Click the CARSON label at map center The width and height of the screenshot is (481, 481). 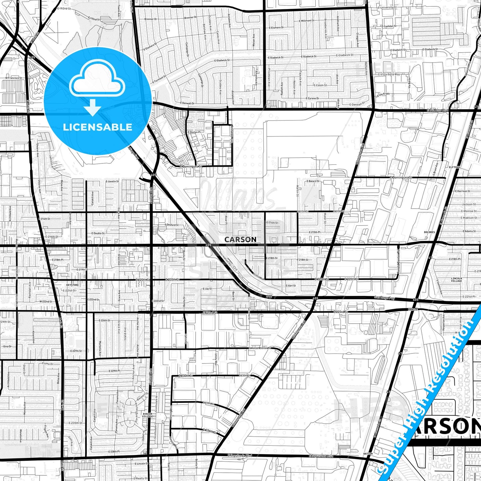click(x=240, y=240)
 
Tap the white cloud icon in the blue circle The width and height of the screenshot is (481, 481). click(x=97, y=80)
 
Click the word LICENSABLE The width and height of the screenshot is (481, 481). click(x=98, y=127)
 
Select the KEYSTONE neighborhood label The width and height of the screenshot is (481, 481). click(x=73, y=285)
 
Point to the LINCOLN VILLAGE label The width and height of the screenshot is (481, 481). click(x=456, y=280)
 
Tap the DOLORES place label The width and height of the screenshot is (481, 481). click(x=429, y=232)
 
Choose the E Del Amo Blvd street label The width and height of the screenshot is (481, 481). click(x=438, y=110)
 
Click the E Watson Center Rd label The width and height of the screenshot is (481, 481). click(x=260, y=348)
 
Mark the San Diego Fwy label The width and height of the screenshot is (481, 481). click(x=384, y=298)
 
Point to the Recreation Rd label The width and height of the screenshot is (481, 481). click(x=225, y=260)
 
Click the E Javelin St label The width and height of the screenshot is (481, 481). click(x=112, y=181)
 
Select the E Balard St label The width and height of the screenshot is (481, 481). click(x=313, y=181)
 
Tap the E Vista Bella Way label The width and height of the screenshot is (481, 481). click(x=389, y=75)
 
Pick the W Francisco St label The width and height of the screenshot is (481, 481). click(x=13, y=78)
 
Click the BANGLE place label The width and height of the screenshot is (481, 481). click(x=412, y=310)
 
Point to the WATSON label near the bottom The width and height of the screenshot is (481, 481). click(x=368, y=454)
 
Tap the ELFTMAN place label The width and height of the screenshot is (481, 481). click(x=454, y=167)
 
